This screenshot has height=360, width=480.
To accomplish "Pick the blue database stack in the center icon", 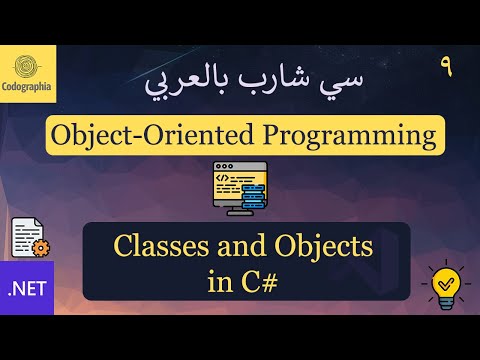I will (251, 190).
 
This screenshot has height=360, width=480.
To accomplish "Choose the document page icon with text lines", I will (25, 236).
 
